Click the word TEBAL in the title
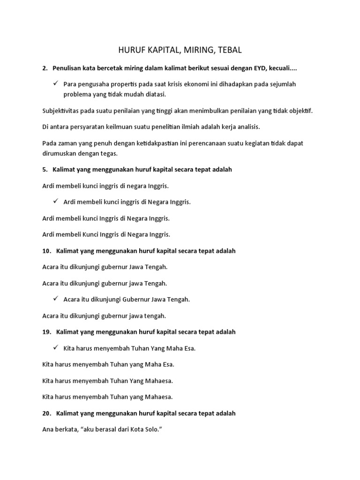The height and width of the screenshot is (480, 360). pos(231,50)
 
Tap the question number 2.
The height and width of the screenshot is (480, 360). pos(45,68)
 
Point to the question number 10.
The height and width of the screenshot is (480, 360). pos(46,251)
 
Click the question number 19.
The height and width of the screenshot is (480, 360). pos(46,332)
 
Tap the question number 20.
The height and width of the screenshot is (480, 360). pos(46,413)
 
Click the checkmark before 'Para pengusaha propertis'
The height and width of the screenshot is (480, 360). pos(55,83)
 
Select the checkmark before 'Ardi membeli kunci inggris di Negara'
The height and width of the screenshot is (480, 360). pos(55,202)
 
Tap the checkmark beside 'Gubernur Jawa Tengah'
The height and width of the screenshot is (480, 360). pos(55,299)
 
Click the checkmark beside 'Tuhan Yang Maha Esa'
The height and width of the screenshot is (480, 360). pos(55,348)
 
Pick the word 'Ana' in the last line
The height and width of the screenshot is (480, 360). pos(48,429)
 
